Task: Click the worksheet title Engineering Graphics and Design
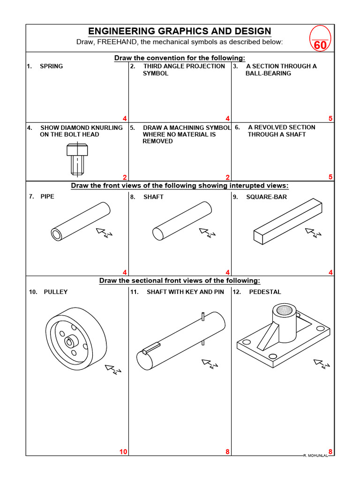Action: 180,31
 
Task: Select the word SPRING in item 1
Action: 51,66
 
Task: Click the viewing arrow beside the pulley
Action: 113,370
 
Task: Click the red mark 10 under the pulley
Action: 123,451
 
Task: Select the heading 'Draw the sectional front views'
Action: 180,280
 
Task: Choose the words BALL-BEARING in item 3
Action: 268,73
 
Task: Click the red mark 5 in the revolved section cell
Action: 330,177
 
